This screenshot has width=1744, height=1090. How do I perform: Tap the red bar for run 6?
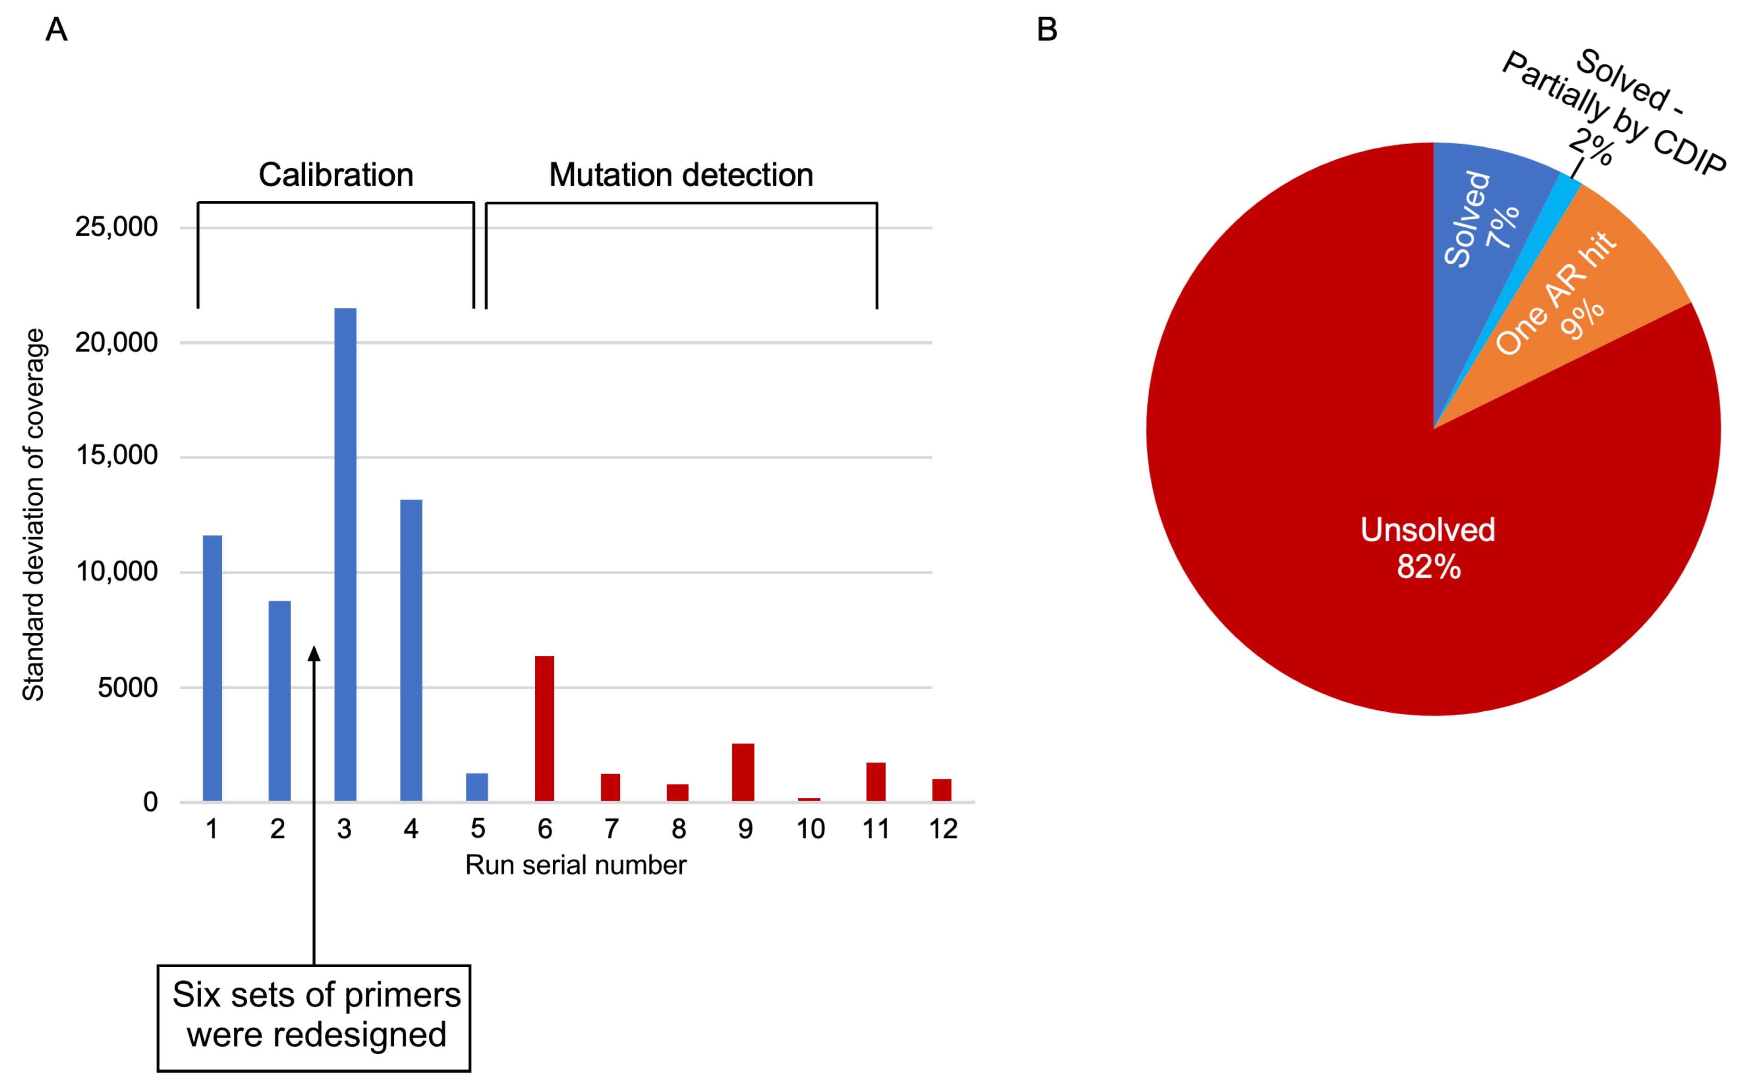pyautogui.click(x=544, y=728)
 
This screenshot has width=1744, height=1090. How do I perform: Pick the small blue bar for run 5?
pyautogui.click(x=477, y=787)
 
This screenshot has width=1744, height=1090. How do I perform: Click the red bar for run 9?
pyautogui.click(x=743, y=772)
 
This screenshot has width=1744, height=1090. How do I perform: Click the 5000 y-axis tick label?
pyautogui.click(x=128, y=688)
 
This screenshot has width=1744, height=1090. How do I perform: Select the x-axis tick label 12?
pyautogui.click(x=942, y=829)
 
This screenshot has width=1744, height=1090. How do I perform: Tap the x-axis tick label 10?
pyautogui.click(x=810, y=829)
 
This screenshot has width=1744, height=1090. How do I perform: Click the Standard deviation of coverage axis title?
pyautogui.click(x=34, y=515)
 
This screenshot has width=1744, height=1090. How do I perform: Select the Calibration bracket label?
pyautogui.click(x=336, y=175)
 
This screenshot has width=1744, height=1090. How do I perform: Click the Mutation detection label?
pyautogui.click(x=681, y=175)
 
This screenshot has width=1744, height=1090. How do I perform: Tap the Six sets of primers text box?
pyautogui.click(x=314, y=1017)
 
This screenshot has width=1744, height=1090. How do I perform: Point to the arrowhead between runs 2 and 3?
pyautogui.click(x=314, y=653)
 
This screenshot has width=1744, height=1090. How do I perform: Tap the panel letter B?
pyautogui.click(x=1046, y=30)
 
